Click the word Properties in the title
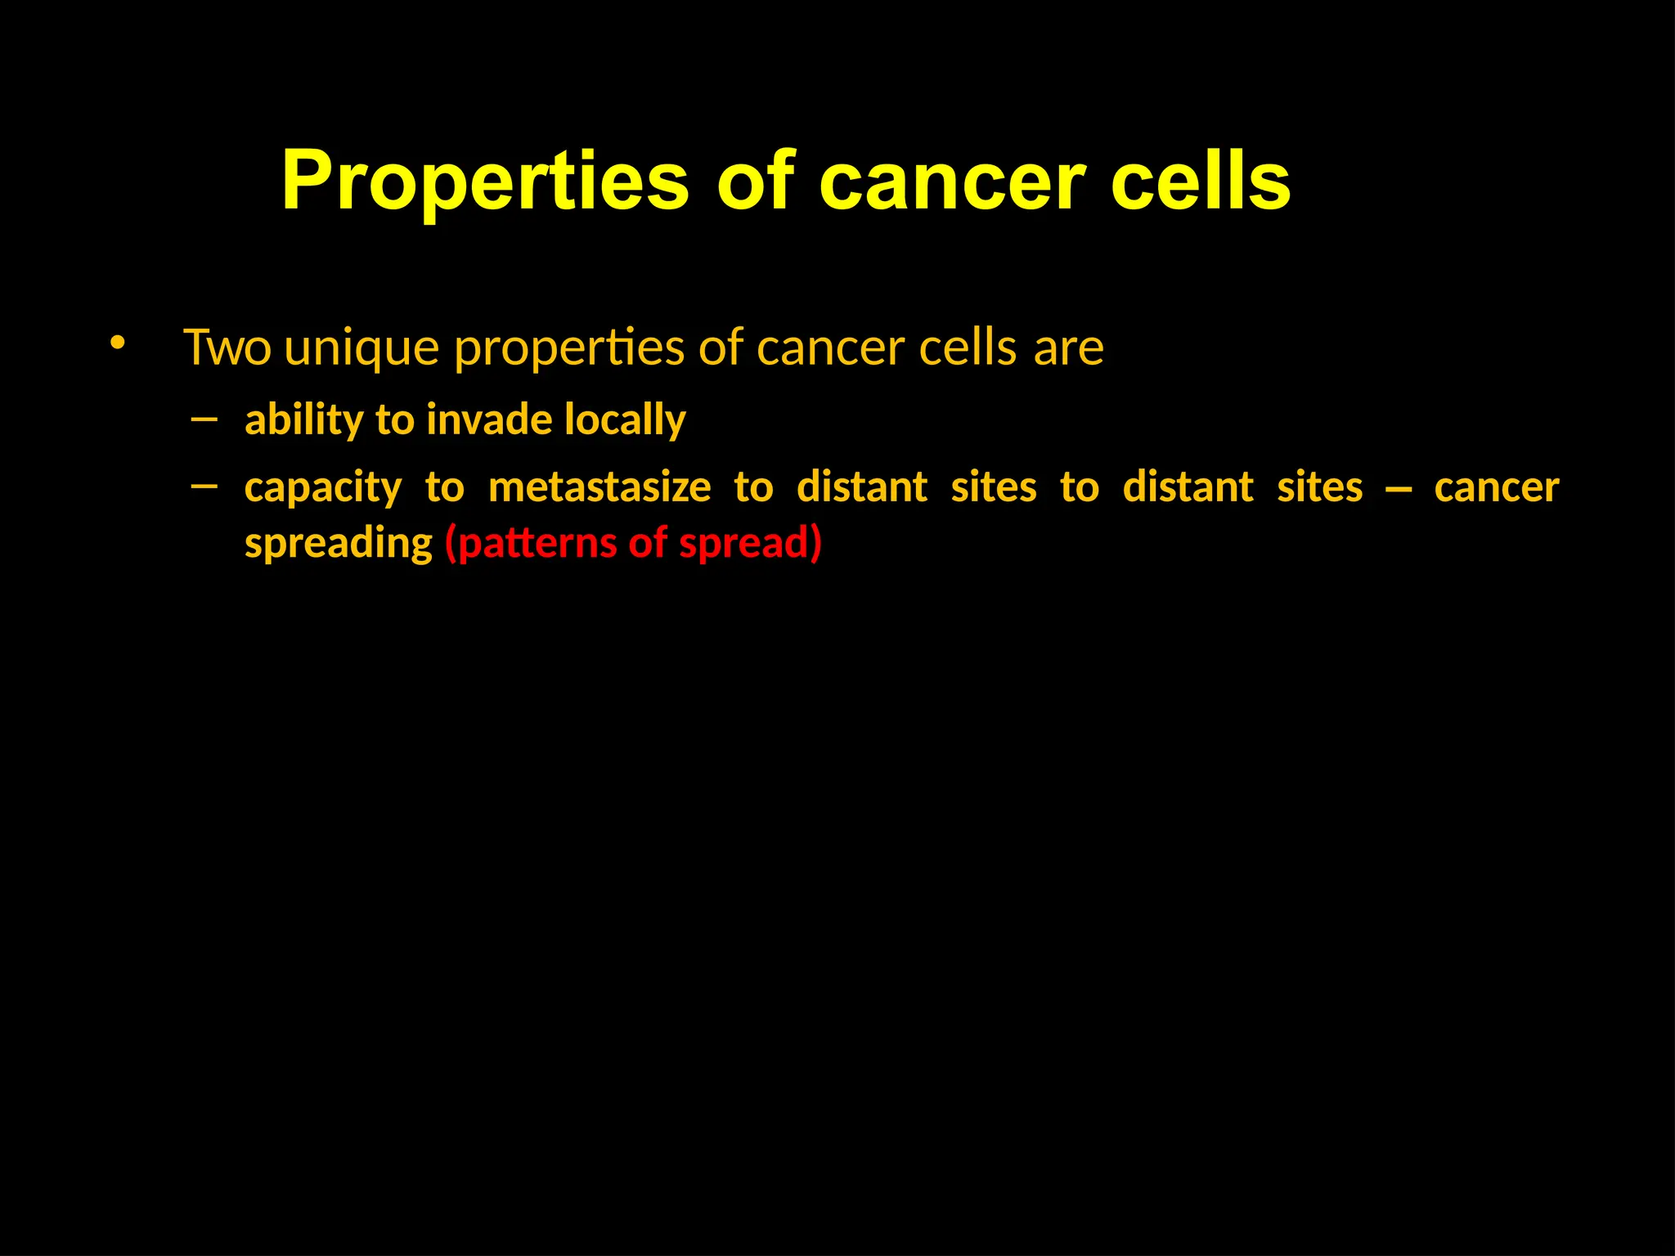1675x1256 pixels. point(486,182)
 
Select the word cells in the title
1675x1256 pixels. point(1201,182)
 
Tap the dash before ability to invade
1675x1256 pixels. point(204,419)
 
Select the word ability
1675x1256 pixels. point(303,420)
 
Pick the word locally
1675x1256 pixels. point(625,420)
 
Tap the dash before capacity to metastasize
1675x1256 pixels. point(204,487)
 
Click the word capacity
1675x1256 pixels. point(323,488)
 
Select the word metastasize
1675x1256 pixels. point(599,487)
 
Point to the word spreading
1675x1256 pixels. point(339,544)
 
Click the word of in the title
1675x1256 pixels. point(755,182)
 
